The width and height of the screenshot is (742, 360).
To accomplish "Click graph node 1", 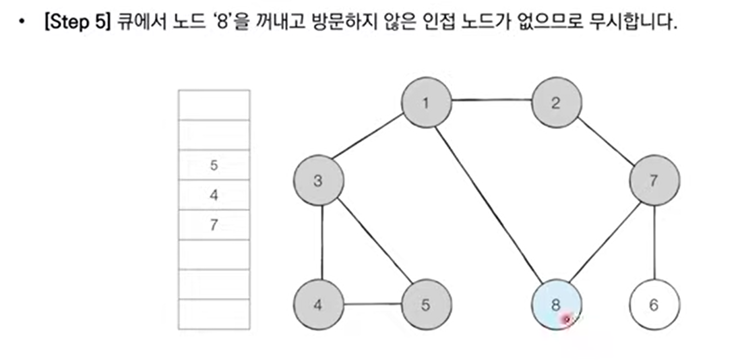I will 426,103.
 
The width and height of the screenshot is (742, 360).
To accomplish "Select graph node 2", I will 556,103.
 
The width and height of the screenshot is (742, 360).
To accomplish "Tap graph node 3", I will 319,181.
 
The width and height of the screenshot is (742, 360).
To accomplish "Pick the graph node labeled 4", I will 319,305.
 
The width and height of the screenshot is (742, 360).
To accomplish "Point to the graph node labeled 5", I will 426,305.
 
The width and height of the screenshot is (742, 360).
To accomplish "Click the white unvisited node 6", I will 654,305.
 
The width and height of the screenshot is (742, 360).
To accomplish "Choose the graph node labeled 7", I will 654,181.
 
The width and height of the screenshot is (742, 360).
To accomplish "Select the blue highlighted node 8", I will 556,305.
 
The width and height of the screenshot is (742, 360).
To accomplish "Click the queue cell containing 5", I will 214,165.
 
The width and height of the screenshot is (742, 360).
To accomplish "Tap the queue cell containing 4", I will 214,196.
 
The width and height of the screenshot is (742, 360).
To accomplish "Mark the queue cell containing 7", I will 214,225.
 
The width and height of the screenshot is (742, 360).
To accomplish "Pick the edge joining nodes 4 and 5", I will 372,304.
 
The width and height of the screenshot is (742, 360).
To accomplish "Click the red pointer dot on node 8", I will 567,319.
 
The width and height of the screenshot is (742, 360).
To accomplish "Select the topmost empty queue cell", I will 214,104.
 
